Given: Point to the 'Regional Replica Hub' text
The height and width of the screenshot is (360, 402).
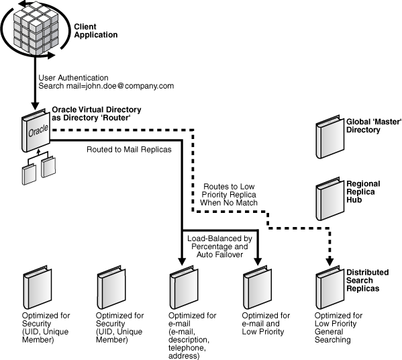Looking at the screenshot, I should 363,192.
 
